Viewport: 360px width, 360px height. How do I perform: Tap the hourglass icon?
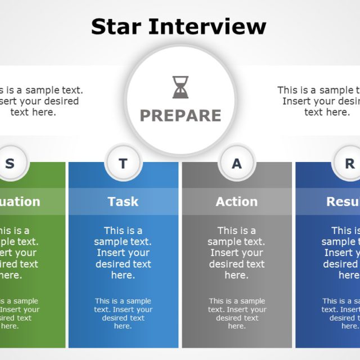181,88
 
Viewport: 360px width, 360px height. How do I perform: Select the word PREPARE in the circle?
181,115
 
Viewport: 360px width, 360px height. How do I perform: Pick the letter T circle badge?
123,164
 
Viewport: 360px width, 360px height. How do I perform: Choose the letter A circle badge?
237,164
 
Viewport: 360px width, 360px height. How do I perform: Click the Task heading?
123,201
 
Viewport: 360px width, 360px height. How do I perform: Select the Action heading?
237,201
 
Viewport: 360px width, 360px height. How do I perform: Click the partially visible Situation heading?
20,201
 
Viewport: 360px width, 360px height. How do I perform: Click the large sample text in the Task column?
123,253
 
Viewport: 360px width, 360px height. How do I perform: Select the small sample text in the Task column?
123,313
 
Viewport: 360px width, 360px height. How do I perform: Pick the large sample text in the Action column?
237,253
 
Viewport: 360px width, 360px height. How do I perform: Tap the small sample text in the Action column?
237,313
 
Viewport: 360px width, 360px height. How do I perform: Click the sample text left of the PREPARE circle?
37,101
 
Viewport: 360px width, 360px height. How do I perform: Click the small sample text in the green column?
17,313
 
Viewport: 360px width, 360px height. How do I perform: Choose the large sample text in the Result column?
342,253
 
